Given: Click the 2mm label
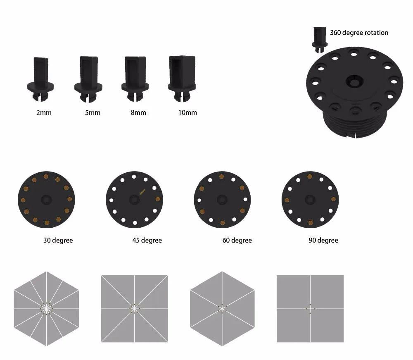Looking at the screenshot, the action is point(44,112).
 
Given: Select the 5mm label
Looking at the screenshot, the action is point(93,112).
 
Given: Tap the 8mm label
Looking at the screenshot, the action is point(138,112).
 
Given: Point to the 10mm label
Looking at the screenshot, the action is point(187,112).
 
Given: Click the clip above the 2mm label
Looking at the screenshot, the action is point(40,79).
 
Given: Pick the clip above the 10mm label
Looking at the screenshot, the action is point(182,79).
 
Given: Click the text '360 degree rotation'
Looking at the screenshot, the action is point(359,33).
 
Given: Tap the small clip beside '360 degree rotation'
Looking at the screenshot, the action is point(320,40).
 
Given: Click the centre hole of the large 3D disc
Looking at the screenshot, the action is point(354,81).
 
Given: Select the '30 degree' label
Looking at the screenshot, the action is point(58,241).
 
